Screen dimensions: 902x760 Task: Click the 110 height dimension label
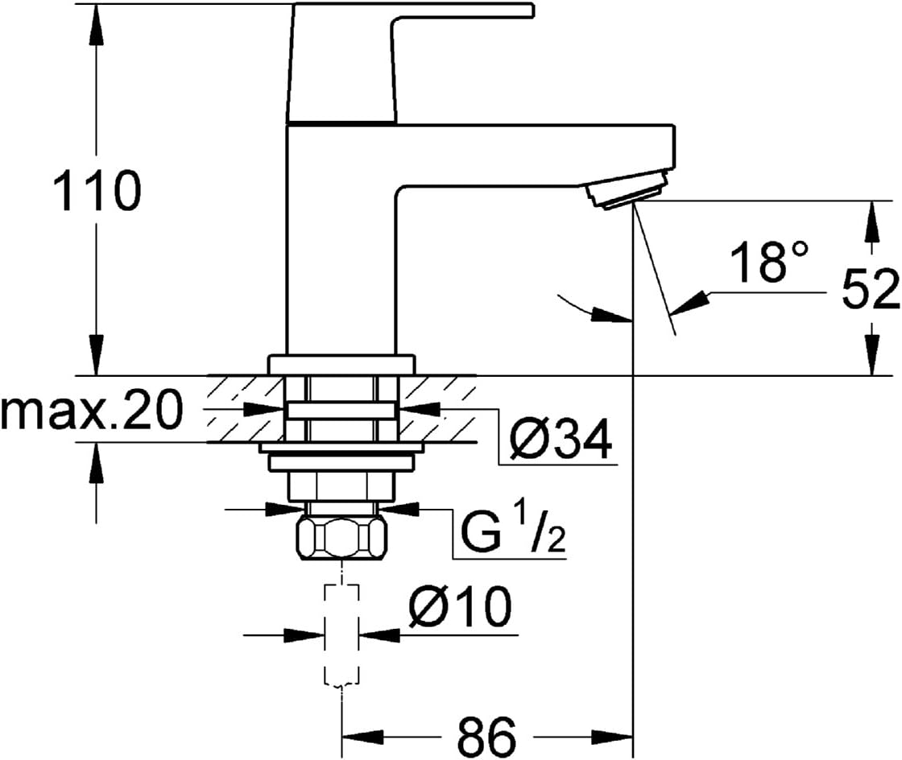coord(97,190)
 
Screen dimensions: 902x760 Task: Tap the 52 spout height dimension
coord(871,291)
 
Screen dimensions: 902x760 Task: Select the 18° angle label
coord(769,261)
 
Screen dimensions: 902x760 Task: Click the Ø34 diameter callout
coord(561,439)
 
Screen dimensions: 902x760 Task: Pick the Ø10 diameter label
coord(460,606)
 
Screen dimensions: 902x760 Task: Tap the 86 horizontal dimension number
coord(487,737)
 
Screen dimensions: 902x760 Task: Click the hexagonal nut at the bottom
coord(341,538)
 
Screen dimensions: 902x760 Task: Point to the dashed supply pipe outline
coord(342,635)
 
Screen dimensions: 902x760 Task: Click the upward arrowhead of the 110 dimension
coord(97,26)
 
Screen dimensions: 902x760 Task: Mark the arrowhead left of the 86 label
coord(363,737)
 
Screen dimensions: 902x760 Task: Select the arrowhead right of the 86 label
coord(612,737)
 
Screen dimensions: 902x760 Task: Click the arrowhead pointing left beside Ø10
coord(379,635)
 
